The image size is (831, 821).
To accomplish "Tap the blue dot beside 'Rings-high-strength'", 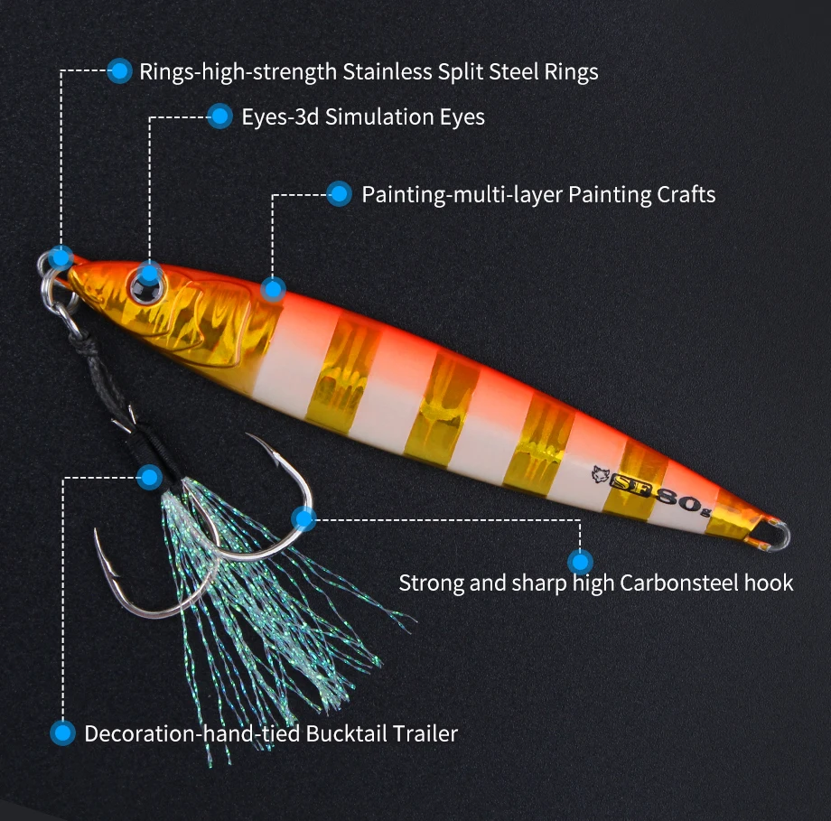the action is pyautogui.click(x=119, y=70).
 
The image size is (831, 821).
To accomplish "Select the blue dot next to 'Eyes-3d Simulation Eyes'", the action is pyautogui.click(x=219, y=117).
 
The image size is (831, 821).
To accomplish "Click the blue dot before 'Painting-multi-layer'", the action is pyautogui.click(x=340, y=194).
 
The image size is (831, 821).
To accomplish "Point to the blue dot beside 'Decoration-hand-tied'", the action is pyautogui.click(x=62, y=733).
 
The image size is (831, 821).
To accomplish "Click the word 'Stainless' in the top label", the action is pyautogui.click(x=387, y=71).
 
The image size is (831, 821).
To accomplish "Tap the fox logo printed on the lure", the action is pyautogui.click(x=600, y=474).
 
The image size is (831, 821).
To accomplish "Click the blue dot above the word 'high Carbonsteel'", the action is pyautogui.click(x=580, y=561).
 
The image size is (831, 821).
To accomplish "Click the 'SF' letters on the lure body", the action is pyautogui.click(x=629, y=483).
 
